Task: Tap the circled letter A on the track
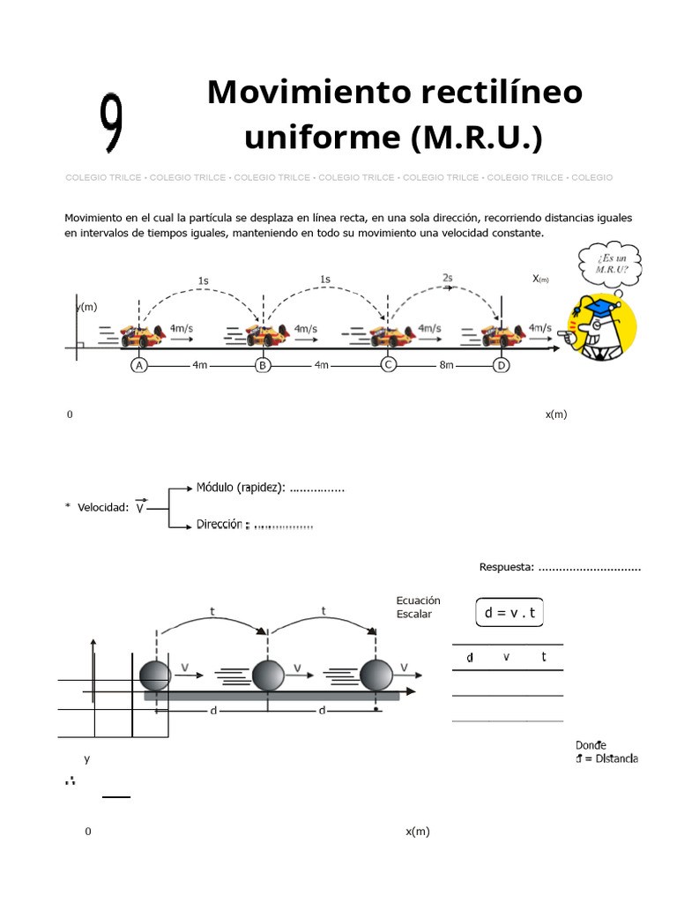click(x=138, y=365)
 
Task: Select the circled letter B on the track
click(x=262, y=365)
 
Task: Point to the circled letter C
click(x=387, y=364)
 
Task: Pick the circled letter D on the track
click(x=502, y=365)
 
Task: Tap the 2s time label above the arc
click(x=447, y=278)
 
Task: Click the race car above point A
click(x=142, y=335)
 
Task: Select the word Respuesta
click(x=506, y=567)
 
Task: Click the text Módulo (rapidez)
click(x=241, y=488)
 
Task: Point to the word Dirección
click(x=219, y=524)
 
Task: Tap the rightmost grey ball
click(x=377, y=675)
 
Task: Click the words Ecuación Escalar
click(x=418, y=608)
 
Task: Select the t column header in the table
click(x=544, y=657)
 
